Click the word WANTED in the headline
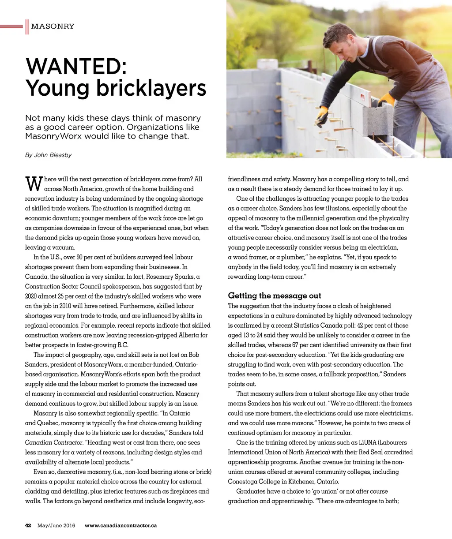click(76, 67)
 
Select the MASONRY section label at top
click(53, 26)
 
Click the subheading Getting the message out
click(274, 296)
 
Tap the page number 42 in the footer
click(28, 525)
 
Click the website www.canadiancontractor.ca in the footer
click(121, 525)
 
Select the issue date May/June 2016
click(56, 525)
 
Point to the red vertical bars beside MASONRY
click(27, 26)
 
